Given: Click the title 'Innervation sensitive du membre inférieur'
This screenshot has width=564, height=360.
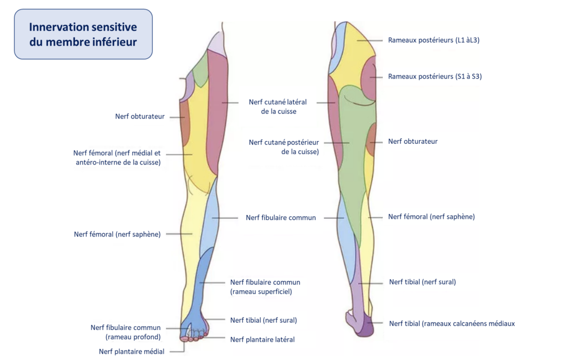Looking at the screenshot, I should pyautogui.click(x=83, y=34).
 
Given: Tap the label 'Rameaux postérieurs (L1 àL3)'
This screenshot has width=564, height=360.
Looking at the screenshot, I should pyautogui.click(x=433, y=40).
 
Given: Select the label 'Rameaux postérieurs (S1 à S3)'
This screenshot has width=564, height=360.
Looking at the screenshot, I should pyautogui.click(x=435, y=77).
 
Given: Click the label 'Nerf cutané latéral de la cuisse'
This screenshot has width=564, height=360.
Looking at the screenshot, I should pyautogui.click(x=278, y=107).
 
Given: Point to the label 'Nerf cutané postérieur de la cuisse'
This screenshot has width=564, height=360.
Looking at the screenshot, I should pyautogui.click(x=284, y=147).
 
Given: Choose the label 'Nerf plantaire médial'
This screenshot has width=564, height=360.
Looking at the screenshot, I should pyautogui.click(x=131, y=352).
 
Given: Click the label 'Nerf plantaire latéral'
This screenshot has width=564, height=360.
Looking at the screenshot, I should pyautogui.click(x=262, y=339).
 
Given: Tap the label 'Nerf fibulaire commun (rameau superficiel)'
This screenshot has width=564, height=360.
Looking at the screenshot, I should pyautogui.click(x=265, y=287).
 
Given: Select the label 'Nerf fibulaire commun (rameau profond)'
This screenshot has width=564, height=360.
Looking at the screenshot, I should pyautogui.click(x=126, y=332).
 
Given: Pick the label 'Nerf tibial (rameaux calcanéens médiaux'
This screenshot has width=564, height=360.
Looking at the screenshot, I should pyautogui.click(x=452, y=324).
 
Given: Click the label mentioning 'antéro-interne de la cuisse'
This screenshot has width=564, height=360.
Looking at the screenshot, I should pyautogui.click(x=117, y=158).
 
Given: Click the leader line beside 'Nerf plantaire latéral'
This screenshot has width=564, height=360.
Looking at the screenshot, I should pyautogui.click(x=217, y=337).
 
